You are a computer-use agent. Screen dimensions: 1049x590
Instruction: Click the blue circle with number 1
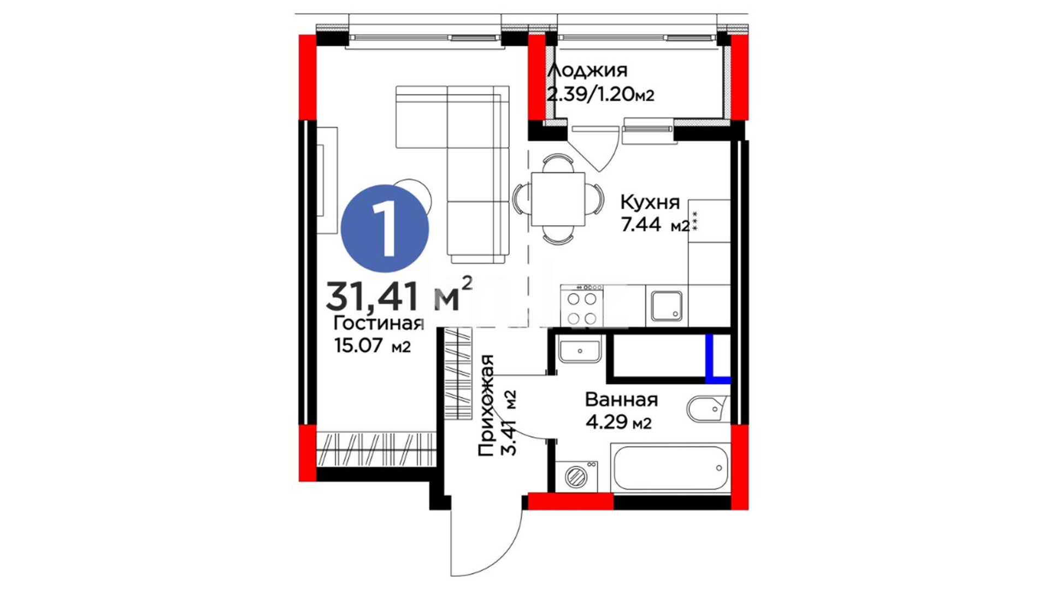tap(385, 228)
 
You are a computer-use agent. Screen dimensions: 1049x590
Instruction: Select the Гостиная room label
tap(379, 323)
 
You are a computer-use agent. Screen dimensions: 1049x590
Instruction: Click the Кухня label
tap(650, 203)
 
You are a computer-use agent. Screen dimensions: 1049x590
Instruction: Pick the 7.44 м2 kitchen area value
tap(656, 225)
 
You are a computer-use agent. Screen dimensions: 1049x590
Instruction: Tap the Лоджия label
tap(587, 70)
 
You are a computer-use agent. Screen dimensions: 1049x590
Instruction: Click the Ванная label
tap(621, 400)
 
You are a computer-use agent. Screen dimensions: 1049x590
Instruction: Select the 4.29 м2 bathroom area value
tap(618, 422)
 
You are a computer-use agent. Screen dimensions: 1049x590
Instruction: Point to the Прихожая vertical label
tap(486, 405)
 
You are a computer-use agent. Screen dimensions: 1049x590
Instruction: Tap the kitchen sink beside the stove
tap(667, 306)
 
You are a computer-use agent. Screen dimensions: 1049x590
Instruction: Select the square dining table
tap(558, 199)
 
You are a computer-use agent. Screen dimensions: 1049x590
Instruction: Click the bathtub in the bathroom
tap(670, 468)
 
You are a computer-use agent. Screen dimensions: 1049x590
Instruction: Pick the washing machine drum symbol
tap(576, 477)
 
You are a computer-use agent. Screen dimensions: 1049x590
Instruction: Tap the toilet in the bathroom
tap(708, 409)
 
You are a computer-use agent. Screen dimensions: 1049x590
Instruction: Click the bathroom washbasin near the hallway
tap(580, 350)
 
